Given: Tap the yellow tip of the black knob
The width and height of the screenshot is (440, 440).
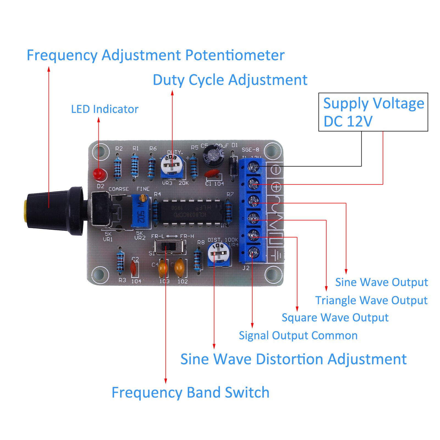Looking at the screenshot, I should pyautogui.click(x=25, y=211).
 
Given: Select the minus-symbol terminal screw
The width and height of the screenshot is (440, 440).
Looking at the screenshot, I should pyautogui.click(x=253, y=167).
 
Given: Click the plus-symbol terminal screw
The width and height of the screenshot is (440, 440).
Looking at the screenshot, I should pyautogui.click(x=253, y=183).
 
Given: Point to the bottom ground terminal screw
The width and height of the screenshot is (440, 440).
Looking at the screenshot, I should pyautogui.click(x=253, y=252).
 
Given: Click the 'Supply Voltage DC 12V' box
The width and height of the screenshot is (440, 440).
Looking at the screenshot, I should pyautogui.click(x=373, y=112).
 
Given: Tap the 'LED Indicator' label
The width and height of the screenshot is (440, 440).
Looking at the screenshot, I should pyautogui.click(x=105, y=109).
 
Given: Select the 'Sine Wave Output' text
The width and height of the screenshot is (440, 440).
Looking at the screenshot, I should pyautogui.click(x=381, y=282).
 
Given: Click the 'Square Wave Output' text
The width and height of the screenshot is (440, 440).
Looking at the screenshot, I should pyautogui.click(x=335, y=318).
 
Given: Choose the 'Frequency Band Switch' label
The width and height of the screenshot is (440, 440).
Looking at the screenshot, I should pyautogui.click(x=190, y=392).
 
